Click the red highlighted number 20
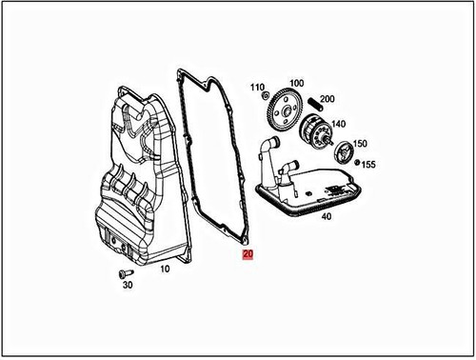point(248,255)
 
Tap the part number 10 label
point(163,270)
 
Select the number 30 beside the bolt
point(128,284)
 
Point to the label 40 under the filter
point(325,217)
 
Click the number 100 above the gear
point(296,84)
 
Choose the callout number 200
point(327,99)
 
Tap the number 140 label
point(339,125)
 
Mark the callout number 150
point(360,144)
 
